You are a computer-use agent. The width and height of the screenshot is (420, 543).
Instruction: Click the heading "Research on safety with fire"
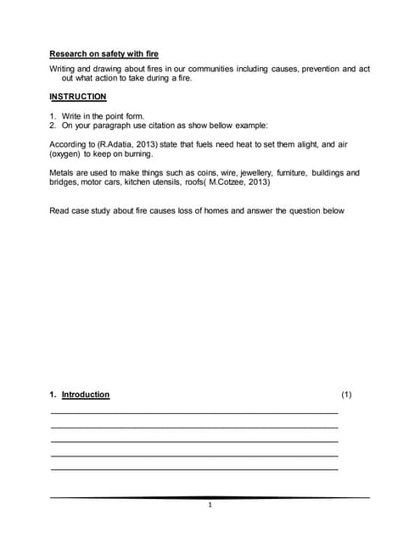click(x=104, y=53)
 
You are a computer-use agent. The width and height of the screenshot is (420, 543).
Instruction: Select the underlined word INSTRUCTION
click(x=78, y=97)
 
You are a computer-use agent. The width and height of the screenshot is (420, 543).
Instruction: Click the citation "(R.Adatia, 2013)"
click(x=128, y=144)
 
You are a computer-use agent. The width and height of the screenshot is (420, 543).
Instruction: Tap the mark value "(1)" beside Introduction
click(x=346, y=395)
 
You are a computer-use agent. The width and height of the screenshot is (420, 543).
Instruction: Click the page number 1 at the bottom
click(x=210, y=506)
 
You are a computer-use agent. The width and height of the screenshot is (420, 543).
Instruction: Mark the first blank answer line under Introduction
click(x=194, y=411)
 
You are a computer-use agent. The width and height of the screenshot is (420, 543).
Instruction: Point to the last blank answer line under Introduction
click(x=194, y=468)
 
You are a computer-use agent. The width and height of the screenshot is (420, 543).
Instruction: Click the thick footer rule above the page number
click(x=210, y=497)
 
